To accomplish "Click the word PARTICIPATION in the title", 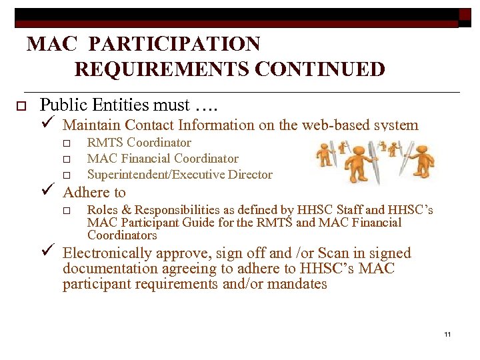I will [174, 44].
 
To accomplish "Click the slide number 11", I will [447, 334].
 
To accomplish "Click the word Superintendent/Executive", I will [153, 175].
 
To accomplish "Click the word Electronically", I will [107, 253].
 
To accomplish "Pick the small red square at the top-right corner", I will [465, 15].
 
